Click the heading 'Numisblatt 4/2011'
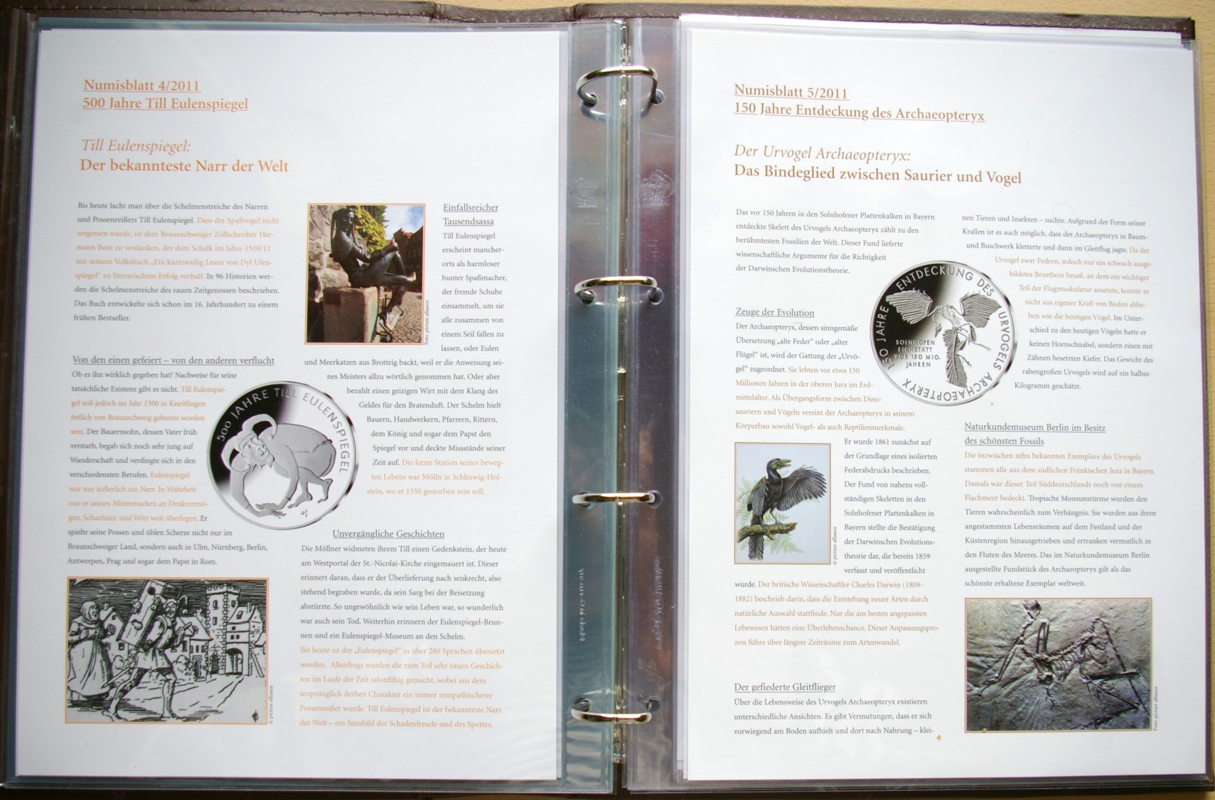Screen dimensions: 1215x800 point(141,85)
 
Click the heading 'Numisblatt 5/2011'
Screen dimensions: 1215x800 point(791,92)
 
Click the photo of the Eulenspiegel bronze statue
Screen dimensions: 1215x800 point(366,274)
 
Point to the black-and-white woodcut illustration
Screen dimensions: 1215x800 point(168,651)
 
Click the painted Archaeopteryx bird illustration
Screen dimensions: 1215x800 point(782,503)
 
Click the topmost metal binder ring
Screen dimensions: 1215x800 point(618,90)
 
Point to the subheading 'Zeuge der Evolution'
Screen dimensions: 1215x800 point(775,312)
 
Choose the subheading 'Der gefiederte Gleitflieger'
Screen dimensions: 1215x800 point(785,687)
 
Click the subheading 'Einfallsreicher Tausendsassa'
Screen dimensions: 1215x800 point(470,214)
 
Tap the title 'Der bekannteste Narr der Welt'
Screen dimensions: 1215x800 point(184,166)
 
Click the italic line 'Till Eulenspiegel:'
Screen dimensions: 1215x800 point(136,146)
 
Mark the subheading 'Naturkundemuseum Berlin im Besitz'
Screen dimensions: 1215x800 point(1035,428)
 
